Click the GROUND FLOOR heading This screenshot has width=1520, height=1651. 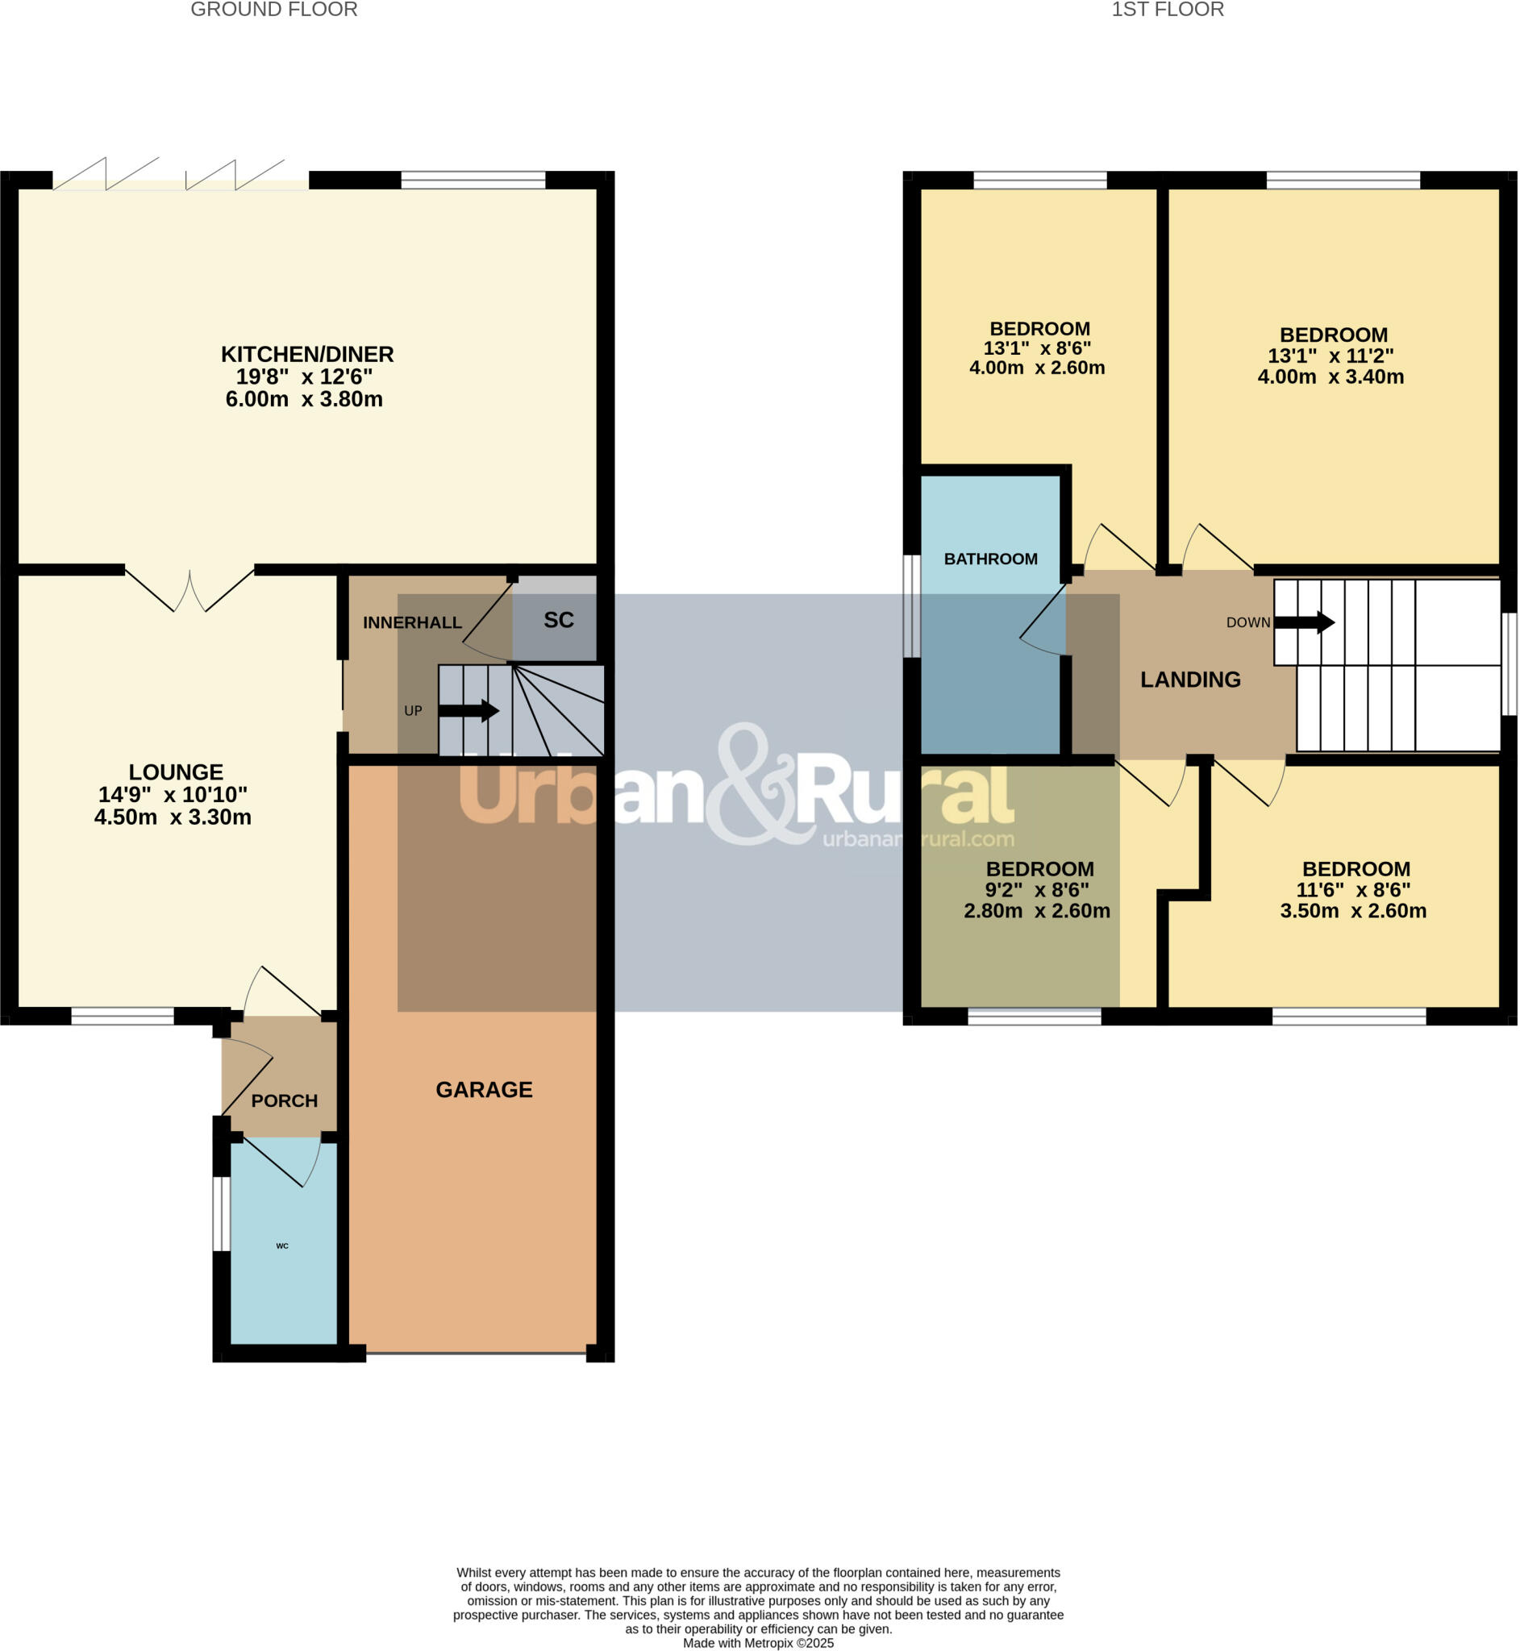coord(274,10)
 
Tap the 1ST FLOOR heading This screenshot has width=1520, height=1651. coord(1167,10)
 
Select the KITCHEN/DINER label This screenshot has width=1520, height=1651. coord(306,355)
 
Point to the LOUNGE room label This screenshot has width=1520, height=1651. coord(176,772)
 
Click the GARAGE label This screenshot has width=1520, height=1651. coord(484,1089)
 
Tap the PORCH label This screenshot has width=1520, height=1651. coord(284,1101)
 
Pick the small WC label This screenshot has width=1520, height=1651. coord(282,1246)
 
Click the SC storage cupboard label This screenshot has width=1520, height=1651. coord(559,620)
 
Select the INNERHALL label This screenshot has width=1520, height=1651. coord(412,622)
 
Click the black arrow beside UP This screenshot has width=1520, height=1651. coord(468,710)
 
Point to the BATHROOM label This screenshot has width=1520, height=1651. coord(990,559)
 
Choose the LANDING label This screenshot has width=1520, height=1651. coord(1190,679)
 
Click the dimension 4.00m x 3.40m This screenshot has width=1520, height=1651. coord(1330,376)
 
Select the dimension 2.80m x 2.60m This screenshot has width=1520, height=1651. coord(1036,911)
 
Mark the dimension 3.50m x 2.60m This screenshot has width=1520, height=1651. coord(1353,911)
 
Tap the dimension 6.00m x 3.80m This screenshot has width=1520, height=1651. coord(304,399)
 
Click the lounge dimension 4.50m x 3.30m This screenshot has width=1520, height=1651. coord(173,817)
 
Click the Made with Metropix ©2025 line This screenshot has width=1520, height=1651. coord(757,1643)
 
